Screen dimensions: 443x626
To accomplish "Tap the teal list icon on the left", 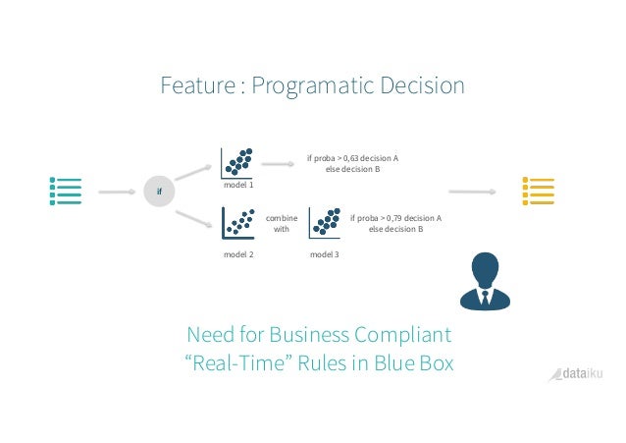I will click(66, 192).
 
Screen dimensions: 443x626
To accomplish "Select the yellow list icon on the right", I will click(540, 192).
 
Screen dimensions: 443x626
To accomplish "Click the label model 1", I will click(238, 185).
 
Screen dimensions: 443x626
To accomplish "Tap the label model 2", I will click(238, 254).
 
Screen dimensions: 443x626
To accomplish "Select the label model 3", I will click(324, 254).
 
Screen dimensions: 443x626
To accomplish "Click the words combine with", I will click(281, 223).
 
